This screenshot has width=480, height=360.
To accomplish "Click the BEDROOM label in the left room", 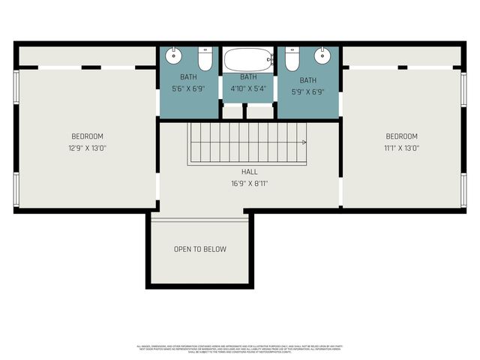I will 87,136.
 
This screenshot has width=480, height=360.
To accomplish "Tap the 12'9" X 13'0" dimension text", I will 87,148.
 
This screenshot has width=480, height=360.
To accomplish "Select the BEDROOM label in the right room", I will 401,136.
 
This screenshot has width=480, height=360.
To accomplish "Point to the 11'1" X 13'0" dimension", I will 401,148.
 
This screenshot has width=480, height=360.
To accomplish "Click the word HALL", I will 249,172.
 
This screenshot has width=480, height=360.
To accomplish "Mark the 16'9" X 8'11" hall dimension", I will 249,183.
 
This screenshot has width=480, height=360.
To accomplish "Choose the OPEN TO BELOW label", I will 199,249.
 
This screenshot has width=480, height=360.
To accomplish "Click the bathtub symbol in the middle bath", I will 248,59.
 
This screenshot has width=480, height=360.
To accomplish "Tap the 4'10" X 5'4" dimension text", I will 248,88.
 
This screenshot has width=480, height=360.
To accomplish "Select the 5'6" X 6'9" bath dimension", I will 188,88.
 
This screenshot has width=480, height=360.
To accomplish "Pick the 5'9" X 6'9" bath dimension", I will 308,91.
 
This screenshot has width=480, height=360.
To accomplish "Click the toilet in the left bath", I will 205,58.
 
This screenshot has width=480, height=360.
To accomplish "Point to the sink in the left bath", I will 173,55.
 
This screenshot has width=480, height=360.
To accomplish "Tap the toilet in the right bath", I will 292,58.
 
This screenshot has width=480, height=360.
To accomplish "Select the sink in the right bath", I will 323,55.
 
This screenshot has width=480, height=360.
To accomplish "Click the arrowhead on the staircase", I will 304,141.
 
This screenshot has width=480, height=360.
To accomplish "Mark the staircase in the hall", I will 247,142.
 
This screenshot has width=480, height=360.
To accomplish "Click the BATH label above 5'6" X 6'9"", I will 188,77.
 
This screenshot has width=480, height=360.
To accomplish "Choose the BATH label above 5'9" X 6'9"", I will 308,80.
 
